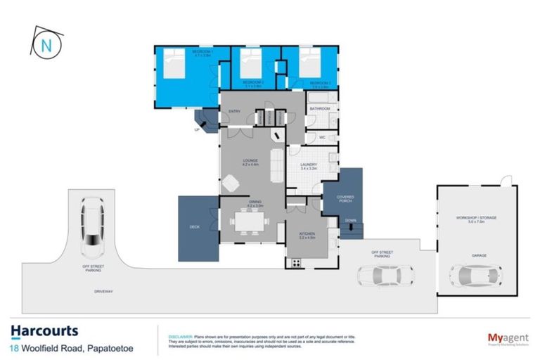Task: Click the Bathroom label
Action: (x=320, y=109)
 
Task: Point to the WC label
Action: (x=321, y=137)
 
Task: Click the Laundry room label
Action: (x=310, y=166)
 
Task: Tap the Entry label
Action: (x=235, y=112)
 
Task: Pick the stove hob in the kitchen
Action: (x=296, y=263)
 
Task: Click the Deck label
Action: (x=195, y=227)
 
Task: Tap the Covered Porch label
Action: (x=345, y=200)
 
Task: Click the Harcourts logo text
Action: (x=44, y=331)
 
